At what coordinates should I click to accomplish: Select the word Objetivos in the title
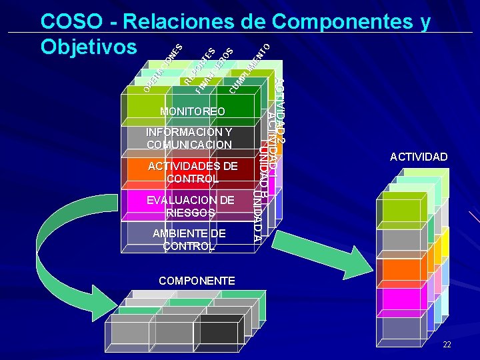(x=90, y=47)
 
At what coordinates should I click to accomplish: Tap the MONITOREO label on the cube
(x=193, y=111)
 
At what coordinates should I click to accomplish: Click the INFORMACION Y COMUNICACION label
(x=189, y=138)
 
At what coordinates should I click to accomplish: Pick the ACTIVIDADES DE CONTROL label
(x=192, y=172)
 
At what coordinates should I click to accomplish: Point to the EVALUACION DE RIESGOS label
(x=191, y=206)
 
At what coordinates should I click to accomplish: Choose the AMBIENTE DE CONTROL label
(x=189, y=239)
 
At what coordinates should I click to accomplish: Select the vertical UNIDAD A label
(x=258, y=213)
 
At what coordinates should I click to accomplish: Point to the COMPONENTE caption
(x=197, y=281)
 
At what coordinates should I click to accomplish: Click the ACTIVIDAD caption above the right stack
(x=419, y=157)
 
